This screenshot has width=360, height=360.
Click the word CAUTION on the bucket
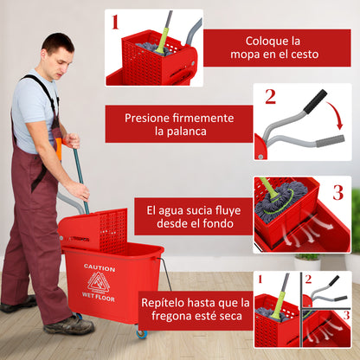(x=100, y=268)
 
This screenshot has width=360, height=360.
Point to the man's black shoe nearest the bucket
(x=69, y=325)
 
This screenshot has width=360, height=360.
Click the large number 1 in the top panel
(x=116, y=22)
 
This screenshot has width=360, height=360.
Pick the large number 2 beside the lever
(x=270, y=96)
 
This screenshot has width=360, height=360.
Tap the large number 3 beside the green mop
(x=337, y=192)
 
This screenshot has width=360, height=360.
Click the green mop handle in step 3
(x=268, y=191)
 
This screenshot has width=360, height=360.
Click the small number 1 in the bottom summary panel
(x=259, y=279)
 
